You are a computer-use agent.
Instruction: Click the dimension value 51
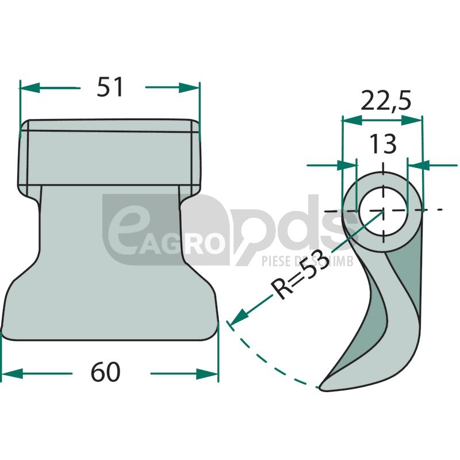(110, 87)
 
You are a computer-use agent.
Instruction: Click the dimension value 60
(106, 371)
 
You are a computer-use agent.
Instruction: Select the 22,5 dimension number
(385, 100)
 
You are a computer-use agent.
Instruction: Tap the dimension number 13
(382, 144)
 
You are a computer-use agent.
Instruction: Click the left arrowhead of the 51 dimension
(29, 87)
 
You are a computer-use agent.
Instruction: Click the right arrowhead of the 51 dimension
(189, 87)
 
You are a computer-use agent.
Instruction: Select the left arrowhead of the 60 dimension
(12, 373)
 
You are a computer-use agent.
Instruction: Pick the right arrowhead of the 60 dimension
(207, 373)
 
